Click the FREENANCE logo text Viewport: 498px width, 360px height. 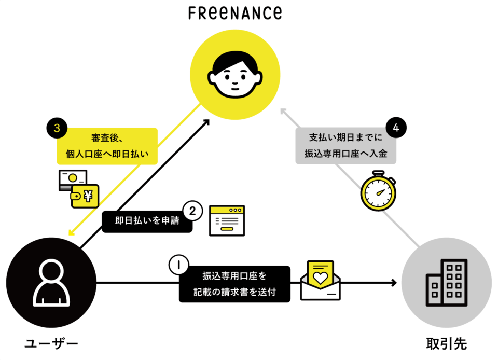pos(235,12)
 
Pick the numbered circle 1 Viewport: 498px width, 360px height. pos(178,265)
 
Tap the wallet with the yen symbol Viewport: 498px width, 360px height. pos(85,196)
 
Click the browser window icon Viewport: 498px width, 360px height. pos(227,220)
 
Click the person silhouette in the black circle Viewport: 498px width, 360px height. pos(51,283)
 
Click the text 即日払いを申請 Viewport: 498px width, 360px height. pos(147,220)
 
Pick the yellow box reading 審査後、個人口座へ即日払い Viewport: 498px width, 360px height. pos(106,146)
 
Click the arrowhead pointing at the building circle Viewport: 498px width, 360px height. pos(394,283)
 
